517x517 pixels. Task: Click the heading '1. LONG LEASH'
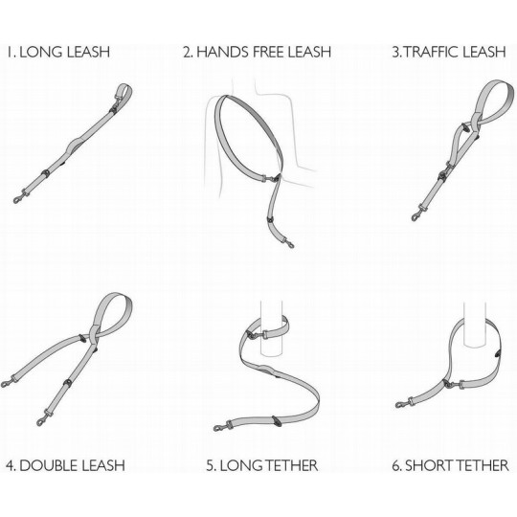[x=58, y=52]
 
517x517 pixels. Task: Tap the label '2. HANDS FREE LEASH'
[x=258, y=52]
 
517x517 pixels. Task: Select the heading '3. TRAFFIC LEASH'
[x=449, y=52]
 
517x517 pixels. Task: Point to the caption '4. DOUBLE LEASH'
[x=65, y=465]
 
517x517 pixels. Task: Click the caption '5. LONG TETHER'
[x=262, y=465]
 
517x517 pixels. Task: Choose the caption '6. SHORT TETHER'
[x=450, y=465]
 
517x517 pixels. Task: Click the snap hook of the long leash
[x=20, y=197]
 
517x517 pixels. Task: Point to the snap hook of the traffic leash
[x=417, y=214]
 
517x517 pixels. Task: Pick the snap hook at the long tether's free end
[x=220, y=427]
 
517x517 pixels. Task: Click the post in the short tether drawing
[x=475, y=325]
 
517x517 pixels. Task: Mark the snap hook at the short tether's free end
[x=401, y=404]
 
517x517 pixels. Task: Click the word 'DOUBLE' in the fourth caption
[x=49, y=465]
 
